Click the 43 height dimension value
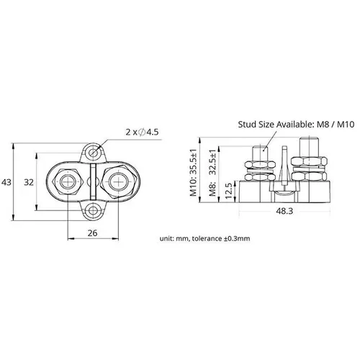[x=7, y=183]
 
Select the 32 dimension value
[x=30, y=182]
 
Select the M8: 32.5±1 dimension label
[x=211, y=174]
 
